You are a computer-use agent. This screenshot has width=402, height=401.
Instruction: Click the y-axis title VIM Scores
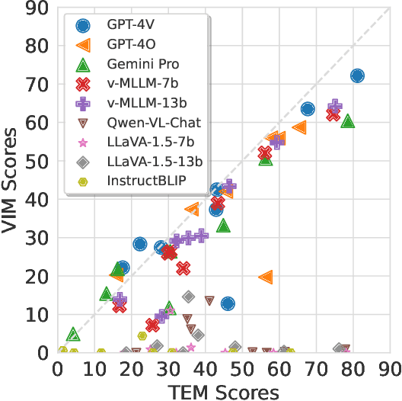pyautogui.click(x=11, y=180)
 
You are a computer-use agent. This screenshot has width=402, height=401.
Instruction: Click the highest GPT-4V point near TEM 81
pyautogui.click(x=356, y=75)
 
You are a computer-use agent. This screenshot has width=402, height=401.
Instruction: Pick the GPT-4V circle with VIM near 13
pyautogui.click(x=227, y=303)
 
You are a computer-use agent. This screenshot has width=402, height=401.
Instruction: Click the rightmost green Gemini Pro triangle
pyautogui.click(x=348, y=121)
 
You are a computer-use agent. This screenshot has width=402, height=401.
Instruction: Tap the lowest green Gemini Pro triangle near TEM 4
pyautogui.click(x=72, y=334)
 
